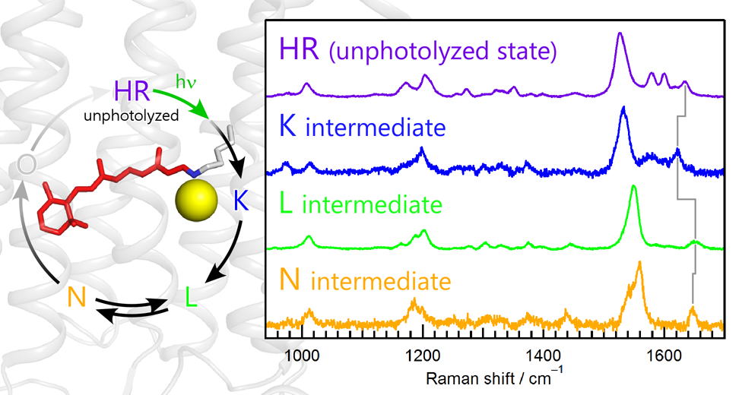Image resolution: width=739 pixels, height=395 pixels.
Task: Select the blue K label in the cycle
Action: pos(241,201)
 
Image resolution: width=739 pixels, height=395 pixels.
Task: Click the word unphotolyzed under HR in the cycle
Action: pos(132,117)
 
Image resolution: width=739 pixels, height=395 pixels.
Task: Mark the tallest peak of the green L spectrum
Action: pos(633,188)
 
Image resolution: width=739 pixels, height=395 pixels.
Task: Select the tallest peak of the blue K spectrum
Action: pos(623,109)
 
